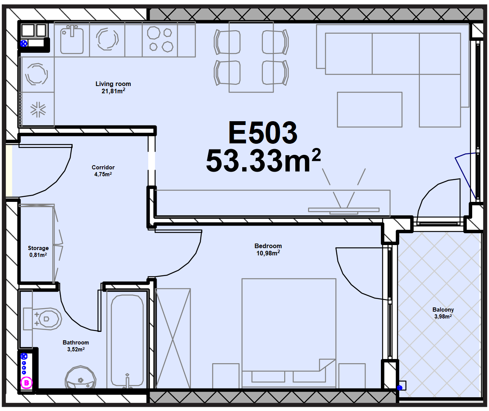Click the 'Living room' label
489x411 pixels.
(113, 84)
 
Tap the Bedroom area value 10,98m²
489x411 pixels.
(268, 253)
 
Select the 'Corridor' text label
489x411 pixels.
(103, 167)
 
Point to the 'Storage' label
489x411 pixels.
(38, 248)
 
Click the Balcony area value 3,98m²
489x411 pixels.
(443, 317)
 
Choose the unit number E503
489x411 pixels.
(263, 133)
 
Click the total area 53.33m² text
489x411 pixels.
(263, 161)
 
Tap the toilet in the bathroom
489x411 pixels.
(42, 319)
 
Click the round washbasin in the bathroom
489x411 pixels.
(80, 378)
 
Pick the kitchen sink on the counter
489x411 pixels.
(72, 40)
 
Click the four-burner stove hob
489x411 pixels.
(160, 39)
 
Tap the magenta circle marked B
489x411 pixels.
(26, 383)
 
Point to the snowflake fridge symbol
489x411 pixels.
(38, 109)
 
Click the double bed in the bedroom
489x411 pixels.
(289, 333)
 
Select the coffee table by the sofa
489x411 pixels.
(369, 109)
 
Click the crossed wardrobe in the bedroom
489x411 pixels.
(173, 339)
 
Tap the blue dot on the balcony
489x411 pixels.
(400, 388)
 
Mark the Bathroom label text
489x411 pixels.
(76, 343)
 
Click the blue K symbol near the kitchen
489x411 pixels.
(24, 44)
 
